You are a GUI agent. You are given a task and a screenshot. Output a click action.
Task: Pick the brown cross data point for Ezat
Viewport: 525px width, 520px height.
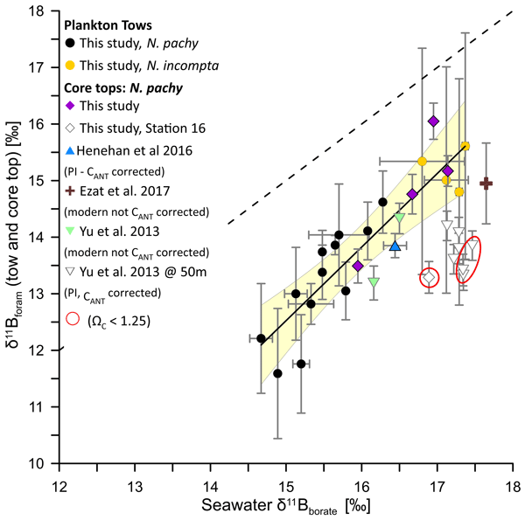click(x=486, y=184)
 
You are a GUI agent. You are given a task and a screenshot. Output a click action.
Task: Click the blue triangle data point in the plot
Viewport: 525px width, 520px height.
click(x=395, y=246)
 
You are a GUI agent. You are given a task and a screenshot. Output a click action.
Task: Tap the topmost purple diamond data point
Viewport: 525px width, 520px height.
click(x=433, y=121)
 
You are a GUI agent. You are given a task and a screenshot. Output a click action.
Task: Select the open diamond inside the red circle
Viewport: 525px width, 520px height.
click(x=430, y=277)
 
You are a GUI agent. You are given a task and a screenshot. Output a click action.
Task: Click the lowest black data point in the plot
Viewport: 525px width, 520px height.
click(x=277, y=373)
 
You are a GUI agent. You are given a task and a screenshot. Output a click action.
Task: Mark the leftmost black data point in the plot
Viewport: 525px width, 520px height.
click(x=261, y=338)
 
